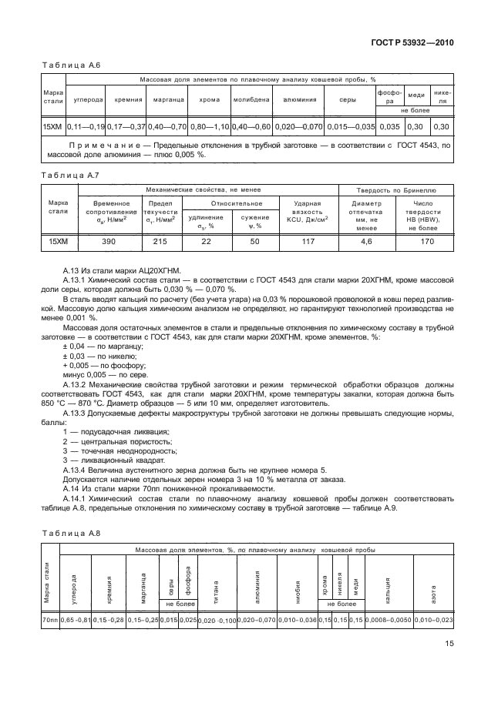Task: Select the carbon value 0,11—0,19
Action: tap(86, 126)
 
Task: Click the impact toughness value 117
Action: tap(307, 241)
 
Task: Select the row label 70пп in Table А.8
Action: tap(49, 621)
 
